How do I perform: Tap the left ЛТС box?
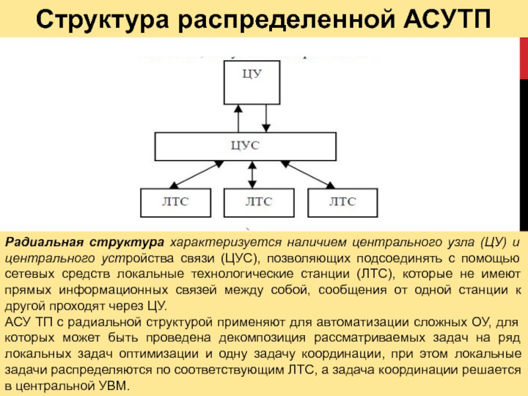[175, 202]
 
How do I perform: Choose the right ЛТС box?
[343, 202]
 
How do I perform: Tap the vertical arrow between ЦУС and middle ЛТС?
[251, 174]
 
